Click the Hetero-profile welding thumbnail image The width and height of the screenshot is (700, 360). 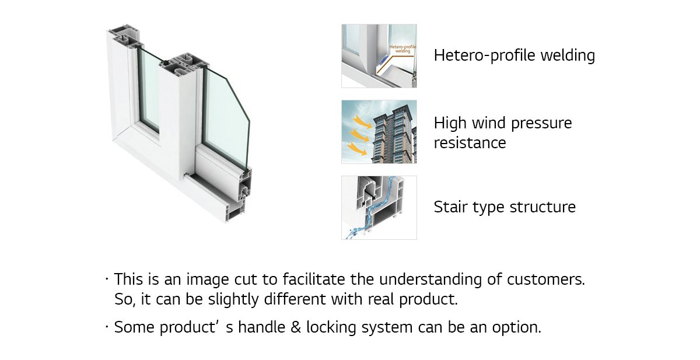[x=379, y=56]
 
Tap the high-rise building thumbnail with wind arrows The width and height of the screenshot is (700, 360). [x=379, y=132]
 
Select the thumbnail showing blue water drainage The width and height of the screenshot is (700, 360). [x=379, y=208]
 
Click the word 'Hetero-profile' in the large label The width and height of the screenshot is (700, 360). [x=485, y=55]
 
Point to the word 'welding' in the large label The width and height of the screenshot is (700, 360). [x=568, y=56]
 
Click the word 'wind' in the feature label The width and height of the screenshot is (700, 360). [x=489, y=123]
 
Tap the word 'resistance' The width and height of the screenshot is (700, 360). [x=470, y=143]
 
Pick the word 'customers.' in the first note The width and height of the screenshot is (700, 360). [x=545, y=279]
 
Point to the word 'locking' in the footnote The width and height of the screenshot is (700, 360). [x=331, y=327]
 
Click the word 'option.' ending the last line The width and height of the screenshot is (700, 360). [x=517, y=327]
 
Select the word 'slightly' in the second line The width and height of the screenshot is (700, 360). [x=233, y=299]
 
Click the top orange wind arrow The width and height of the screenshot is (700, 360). [x=362, y=121]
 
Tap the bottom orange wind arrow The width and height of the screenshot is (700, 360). [x=358, y=148]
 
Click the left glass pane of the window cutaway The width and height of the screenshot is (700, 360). [x=149, y=90]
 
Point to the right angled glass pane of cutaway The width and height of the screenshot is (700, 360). [x=226, y=119]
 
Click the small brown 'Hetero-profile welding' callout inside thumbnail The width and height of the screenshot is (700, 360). [x=402, y=49]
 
